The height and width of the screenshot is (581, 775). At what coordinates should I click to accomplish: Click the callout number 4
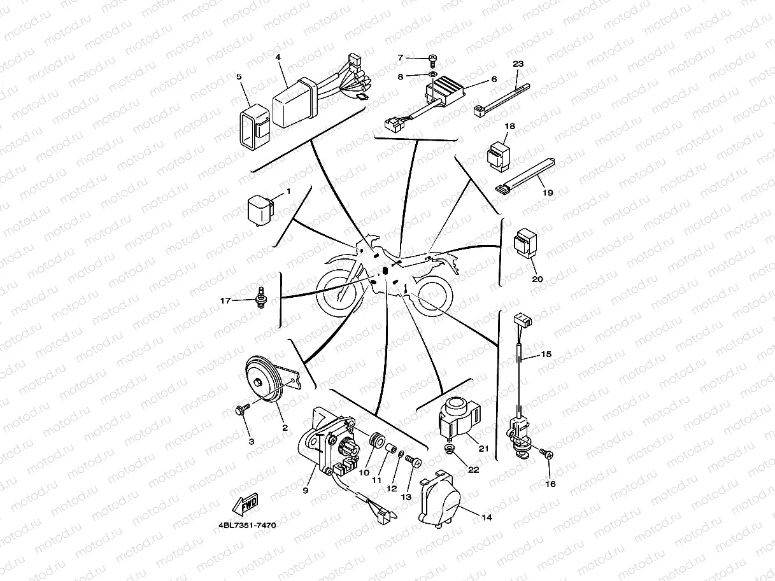tap(278, 57)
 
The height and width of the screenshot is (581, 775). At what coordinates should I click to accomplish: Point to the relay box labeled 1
tap(259, 209)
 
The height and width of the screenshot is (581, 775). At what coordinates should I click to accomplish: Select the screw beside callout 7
tap(432, 59)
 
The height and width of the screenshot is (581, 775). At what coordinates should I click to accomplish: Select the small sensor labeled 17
tap(260, 297)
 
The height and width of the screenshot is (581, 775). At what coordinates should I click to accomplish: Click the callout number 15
tap(546, 354)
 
